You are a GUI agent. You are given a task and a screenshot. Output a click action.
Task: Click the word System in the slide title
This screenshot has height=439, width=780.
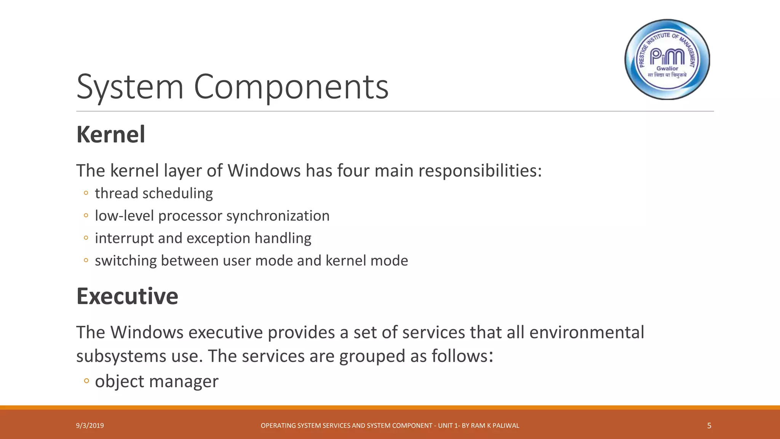[130, 87]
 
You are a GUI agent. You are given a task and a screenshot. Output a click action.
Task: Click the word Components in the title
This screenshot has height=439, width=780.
[291, 87]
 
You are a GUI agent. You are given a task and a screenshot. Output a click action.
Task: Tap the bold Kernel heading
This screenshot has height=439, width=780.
[111, 135]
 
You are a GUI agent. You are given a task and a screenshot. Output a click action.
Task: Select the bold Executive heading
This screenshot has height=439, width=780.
[127, 296]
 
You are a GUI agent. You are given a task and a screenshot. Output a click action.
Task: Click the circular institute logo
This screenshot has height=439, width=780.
[667, 59]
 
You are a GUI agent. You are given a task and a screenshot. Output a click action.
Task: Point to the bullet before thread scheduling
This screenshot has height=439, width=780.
[86, 193]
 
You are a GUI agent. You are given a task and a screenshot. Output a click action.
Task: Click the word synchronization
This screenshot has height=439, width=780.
[278, 216]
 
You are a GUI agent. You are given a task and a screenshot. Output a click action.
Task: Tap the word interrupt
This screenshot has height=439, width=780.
[124, 238]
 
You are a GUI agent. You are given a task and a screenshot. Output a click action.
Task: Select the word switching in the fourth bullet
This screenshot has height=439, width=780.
[126, 261]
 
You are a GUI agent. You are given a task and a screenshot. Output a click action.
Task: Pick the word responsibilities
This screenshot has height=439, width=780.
[480, 170]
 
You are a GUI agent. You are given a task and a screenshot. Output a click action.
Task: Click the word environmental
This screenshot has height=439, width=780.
[587, 332]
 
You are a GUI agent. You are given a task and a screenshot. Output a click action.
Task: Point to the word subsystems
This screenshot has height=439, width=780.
[121, 356]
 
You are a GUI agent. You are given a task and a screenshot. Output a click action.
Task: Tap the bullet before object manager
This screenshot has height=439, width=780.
[86, 381]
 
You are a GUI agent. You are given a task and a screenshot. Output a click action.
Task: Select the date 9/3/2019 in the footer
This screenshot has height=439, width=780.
[90, 426]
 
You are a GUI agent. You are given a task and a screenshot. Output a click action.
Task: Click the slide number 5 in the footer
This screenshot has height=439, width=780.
[709, 426]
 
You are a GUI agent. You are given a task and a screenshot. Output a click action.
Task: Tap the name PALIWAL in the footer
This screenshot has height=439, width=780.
[506, 426]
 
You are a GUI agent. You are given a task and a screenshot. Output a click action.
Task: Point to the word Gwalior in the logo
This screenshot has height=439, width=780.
[667, 69]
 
